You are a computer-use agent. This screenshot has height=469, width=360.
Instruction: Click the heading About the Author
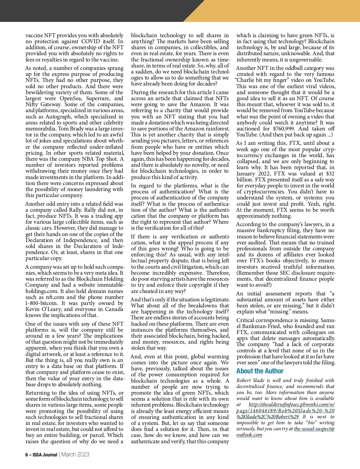coord(259,371)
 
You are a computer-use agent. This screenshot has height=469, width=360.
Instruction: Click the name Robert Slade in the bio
coord(250,380)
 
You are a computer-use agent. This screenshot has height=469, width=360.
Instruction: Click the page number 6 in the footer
coord(27,455)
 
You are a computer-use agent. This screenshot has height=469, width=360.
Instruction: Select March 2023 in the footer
coord(75,455)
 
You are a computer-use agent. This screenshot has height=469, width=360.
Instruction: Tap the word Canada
coord(113,309)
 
